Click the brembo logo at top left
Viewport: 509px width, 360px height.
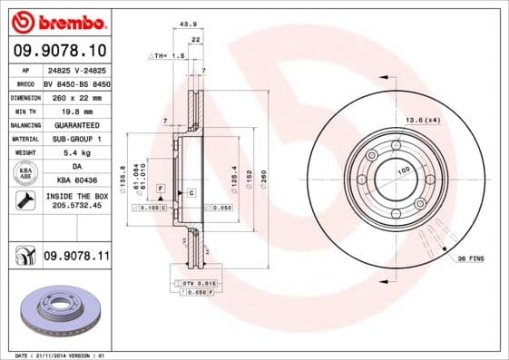point(57,21)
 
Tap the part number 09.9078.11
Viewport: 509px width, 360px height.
point(76,258)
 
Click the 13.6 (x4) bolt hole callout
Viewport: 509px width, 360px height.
point(423,119)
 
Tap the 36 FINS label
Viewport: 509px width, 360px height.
point(470,258)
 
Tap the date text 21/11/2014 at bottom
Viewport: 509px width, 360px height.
point(68,355)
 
